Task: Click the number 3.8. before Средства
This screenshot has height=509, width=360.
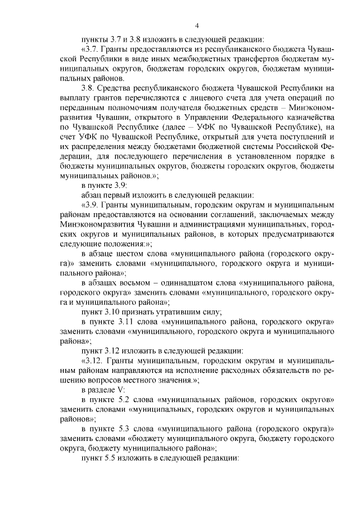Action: pos(90,88)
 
